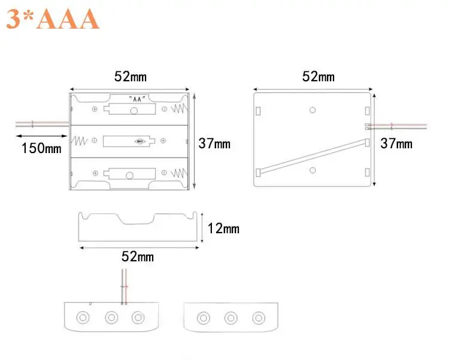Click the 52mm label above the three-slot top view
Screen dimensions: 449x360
click(131, 77)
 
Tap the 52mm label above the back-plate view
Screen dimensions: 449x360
click(318, 77)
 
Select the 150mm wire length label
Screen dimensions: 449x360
click(41, 148)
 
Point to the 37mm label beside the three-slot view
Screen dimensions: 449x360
click(214, 144)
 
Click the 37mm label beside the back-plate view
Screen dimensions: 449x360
click(396, 144)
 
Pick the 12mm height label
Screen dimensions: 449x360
click(223, 228)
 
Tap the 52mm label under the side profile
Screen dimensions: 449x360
click(138, 257)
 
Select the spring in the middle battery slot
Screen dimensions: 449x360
click(79, 142)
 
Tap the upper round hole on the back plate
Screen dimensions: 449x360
click(313, 109)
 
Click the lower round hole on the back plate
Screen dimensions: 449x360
click(313, 171)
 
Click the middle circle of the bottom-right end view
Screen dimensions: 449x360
click(231, 318)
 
